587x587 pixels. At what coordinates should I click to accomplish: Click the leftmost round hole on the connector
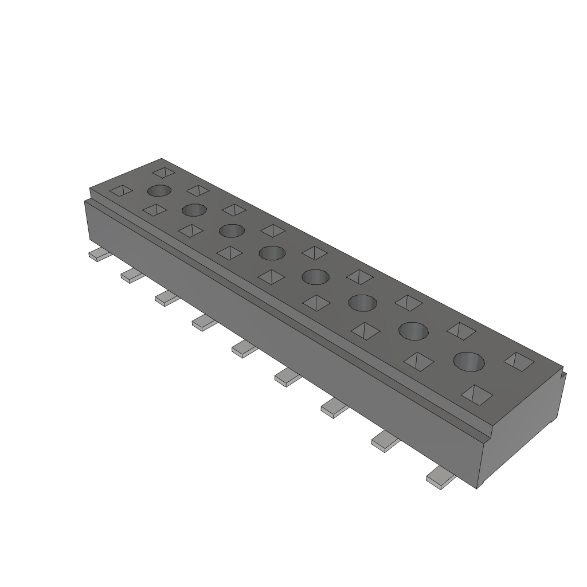point(159,191)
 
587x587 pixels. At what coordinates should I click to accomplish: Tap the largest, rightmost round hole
point(469,361)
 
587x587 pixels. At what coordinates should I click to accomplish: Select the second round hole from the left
point(194,210)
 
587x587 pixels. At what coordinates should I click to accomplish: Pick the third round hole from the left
point(232,230)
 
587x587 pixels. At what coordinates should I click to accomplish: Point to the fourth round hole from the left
point(272,252)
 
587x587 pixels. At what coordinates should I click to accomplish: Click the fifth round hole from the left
point(315,277)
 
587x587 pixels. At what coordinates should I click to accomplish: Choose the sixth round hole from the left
point(362,302)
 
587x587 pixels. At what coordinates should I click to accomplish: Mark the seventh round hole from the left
point(413,331)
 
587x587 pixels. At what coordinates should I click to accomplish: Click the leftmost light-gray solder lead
point(99,256)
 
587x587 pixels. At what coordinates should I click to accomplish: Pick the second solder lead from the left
point(132,276)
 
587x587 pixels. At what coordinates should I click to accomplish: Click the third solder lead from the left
point(167,298)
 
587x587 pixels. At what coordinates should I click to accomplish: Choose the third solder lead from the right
point(335,408)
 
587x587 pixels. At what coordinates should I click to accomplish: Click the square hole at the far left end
point(121,191)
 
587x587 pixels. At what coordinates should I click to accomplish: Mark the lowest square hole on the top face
point(478,394)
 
